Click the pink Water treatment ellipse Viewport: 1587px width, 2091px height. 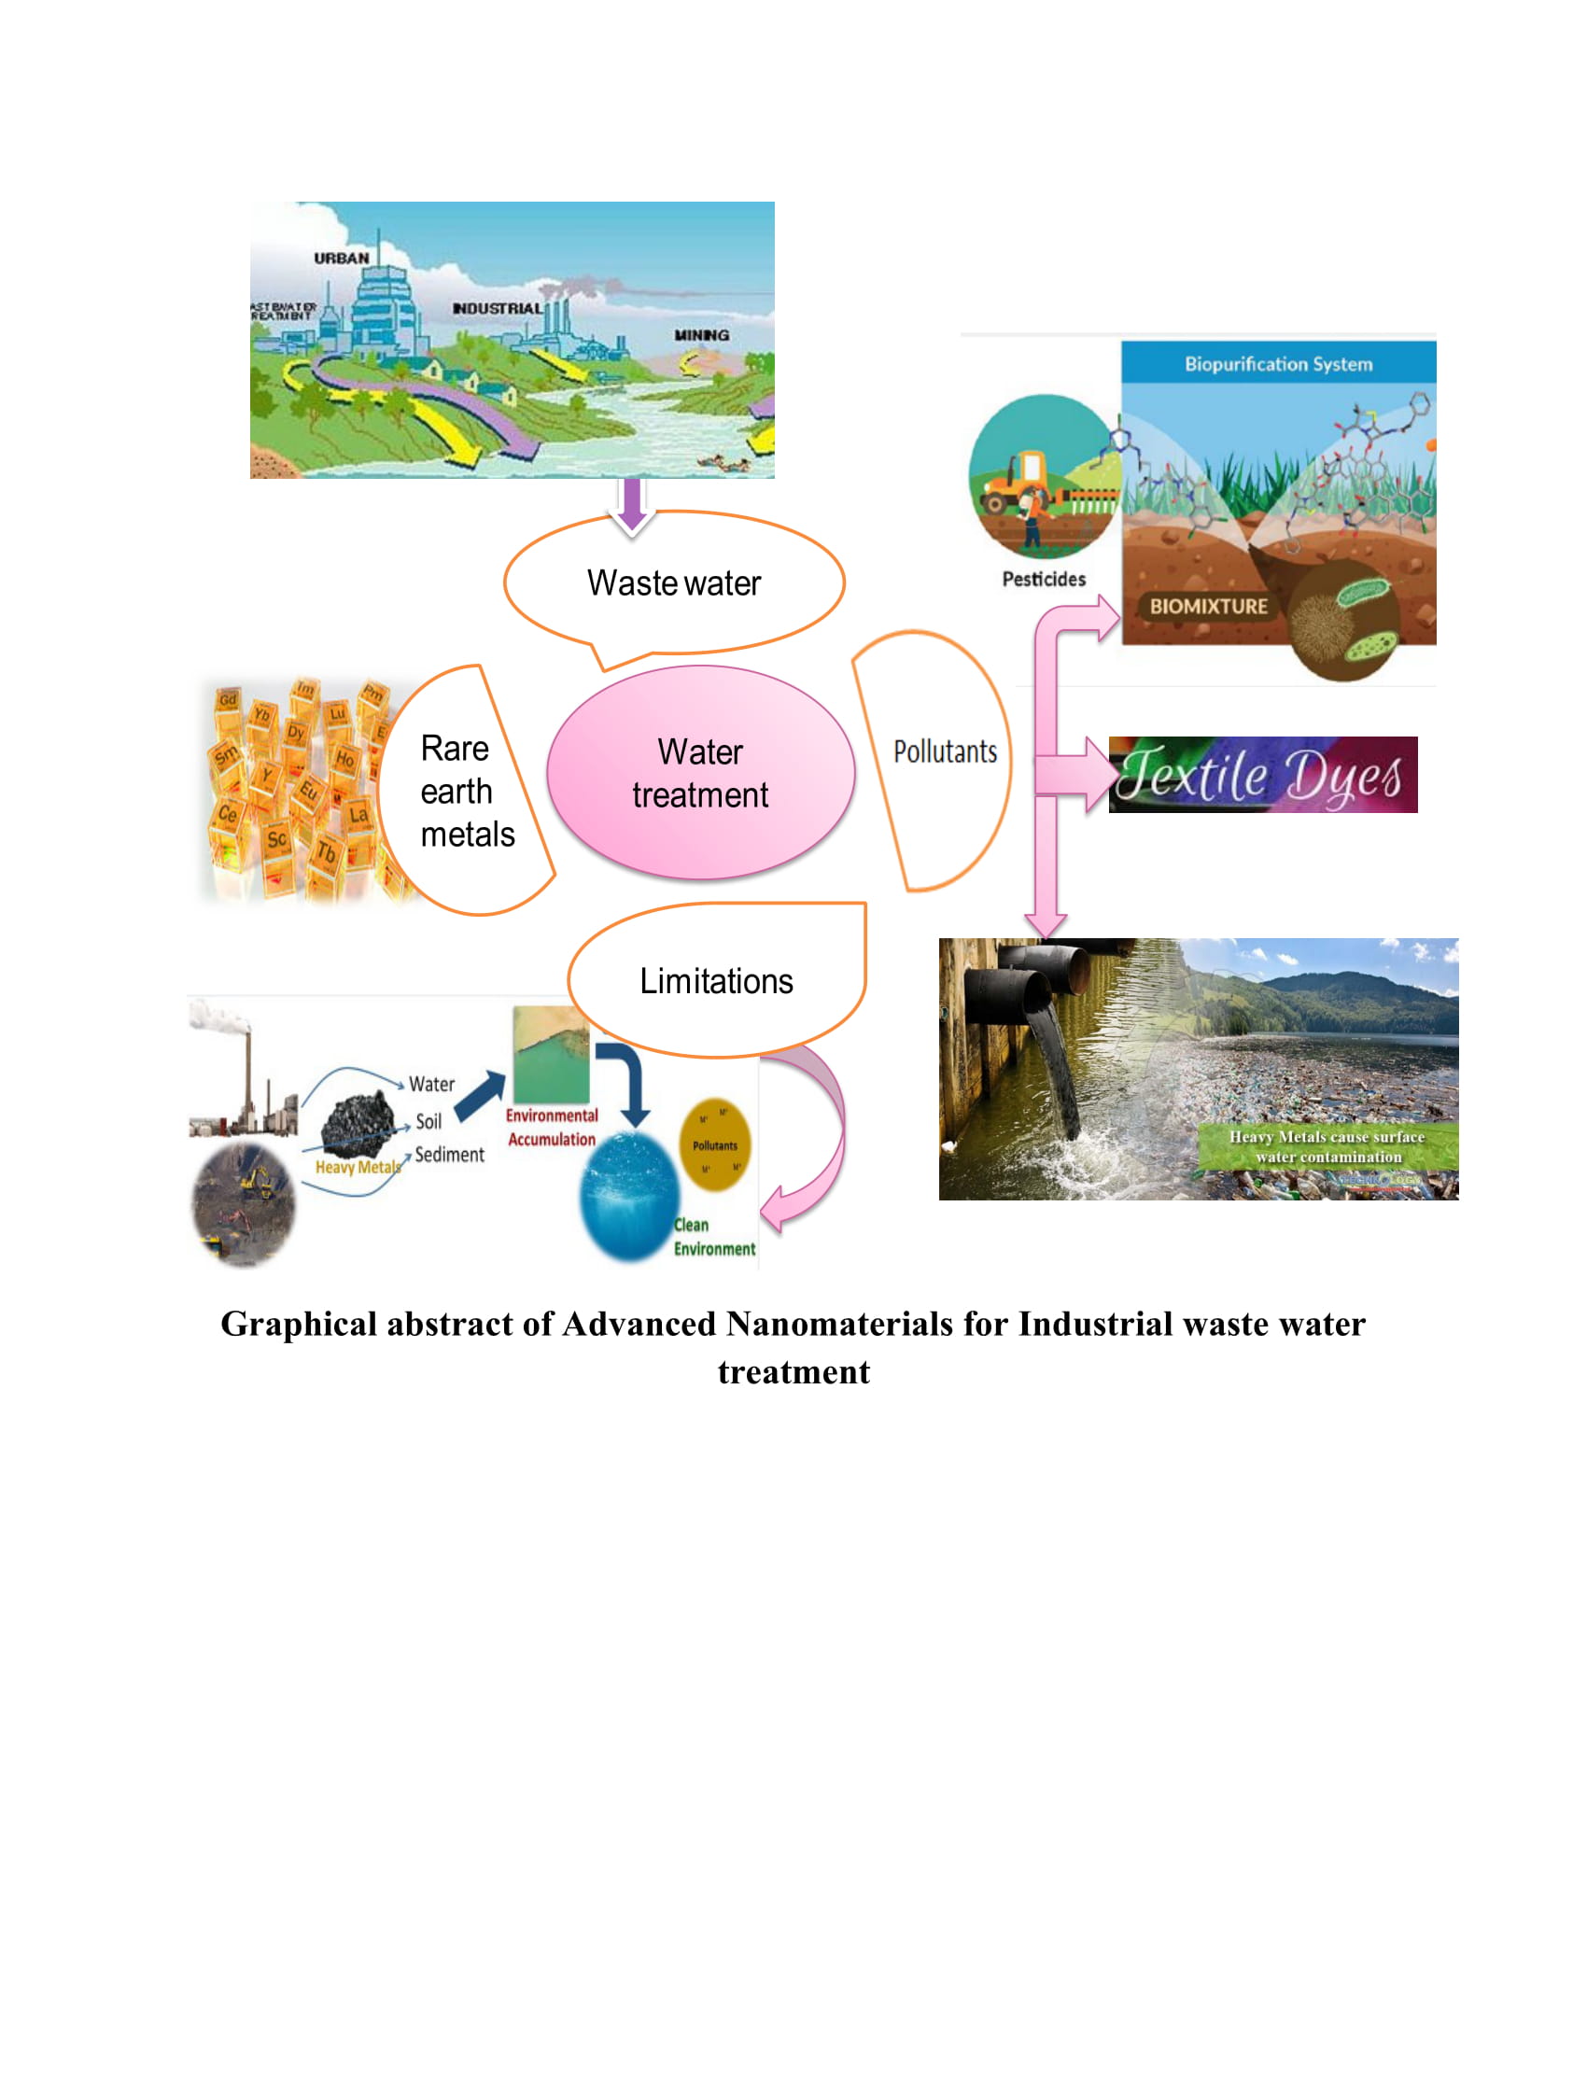[x=700, y=772]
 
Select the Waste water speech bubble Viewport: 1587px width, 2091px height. [x=673, y=583]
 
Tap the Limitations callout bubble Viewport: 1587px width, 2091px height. [x=715, y=981]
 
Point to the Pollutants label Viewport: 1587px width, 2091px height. [x=944, y=752]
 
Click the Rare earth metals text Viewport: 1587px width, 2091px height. [x=466, y=792]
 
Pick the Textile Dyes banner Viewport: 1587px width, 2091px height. [x=1262, y=775]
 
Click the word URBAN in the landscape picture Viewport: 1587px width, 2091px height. [x=342, y=258]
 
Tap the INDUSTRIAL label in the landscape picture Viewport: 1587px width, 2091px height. [x=498, y=309]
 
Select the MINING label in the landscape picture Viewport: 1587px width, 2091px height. [x=700, y=335]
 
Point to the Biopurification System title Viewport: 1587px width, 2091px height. [x=1278, y=364]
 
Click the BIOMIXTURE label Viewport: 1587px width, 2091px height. [x=1207, y=607]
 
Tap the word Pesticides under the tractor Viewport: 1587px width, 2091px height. [x=1044, y=580]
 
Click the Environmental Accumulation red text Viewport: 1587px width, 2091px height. [x=551, y=1128]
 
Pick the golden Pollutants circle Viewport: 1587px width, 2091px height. [x=714, y=1144]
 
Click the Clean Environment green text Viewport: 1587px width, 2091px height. [x=712, y=1238]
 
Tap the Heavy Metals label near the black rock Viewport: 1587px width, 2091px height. [x=358, y=1168]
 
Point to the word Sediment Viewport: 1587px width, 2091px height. [x=449, y=1155]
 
